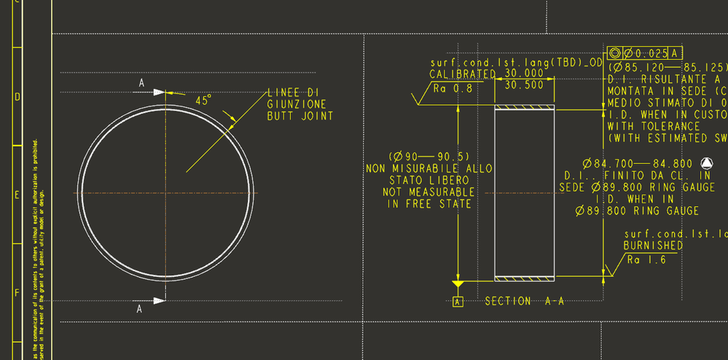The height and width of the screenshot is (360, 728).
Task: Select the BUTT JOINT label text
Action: pyautogui.click(x=300, y=116)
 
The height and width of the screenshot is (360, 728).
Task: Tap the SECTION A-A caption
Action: pyautogui.click(x=524, y=301)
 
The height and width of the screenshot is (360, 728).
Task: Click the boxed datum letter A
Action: pyautogui.click(x=458, y=301)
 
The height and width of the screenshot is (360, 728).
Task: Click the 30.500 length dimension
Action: pyautogui.click(x=524, y=85)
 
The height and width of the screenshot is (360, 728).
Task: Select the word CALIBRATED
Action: pyautogui.click(x=462, y=74)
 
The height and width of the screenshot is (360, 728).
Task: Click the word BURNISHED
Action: pyautogui.click(x=653, y=246)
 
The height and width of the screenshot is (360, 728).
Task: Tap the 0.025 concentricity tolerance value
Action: pyautogui.click(x=651, y=53)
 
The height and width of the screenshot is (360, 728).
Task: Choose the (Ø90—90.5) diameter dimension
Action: pyautogui.click(x=428, y=157)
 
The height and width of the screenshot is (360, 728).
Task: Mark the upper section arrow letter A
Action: pyautogui.click(x=141, y=84)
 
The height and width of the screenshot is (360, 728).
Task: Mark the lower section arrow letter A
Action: pyautogui.click(x=138, y=308)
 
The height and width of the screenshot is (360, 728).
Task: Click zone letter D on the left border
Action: pyautogui.click(x=17, y=97)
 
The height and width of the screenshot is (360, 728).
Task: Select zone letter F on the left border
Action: pyautogui.click(x=17, y=292)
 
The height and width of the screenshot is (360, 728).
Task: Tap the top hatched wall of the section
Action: pyautogui.click(x=524, y=109)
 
